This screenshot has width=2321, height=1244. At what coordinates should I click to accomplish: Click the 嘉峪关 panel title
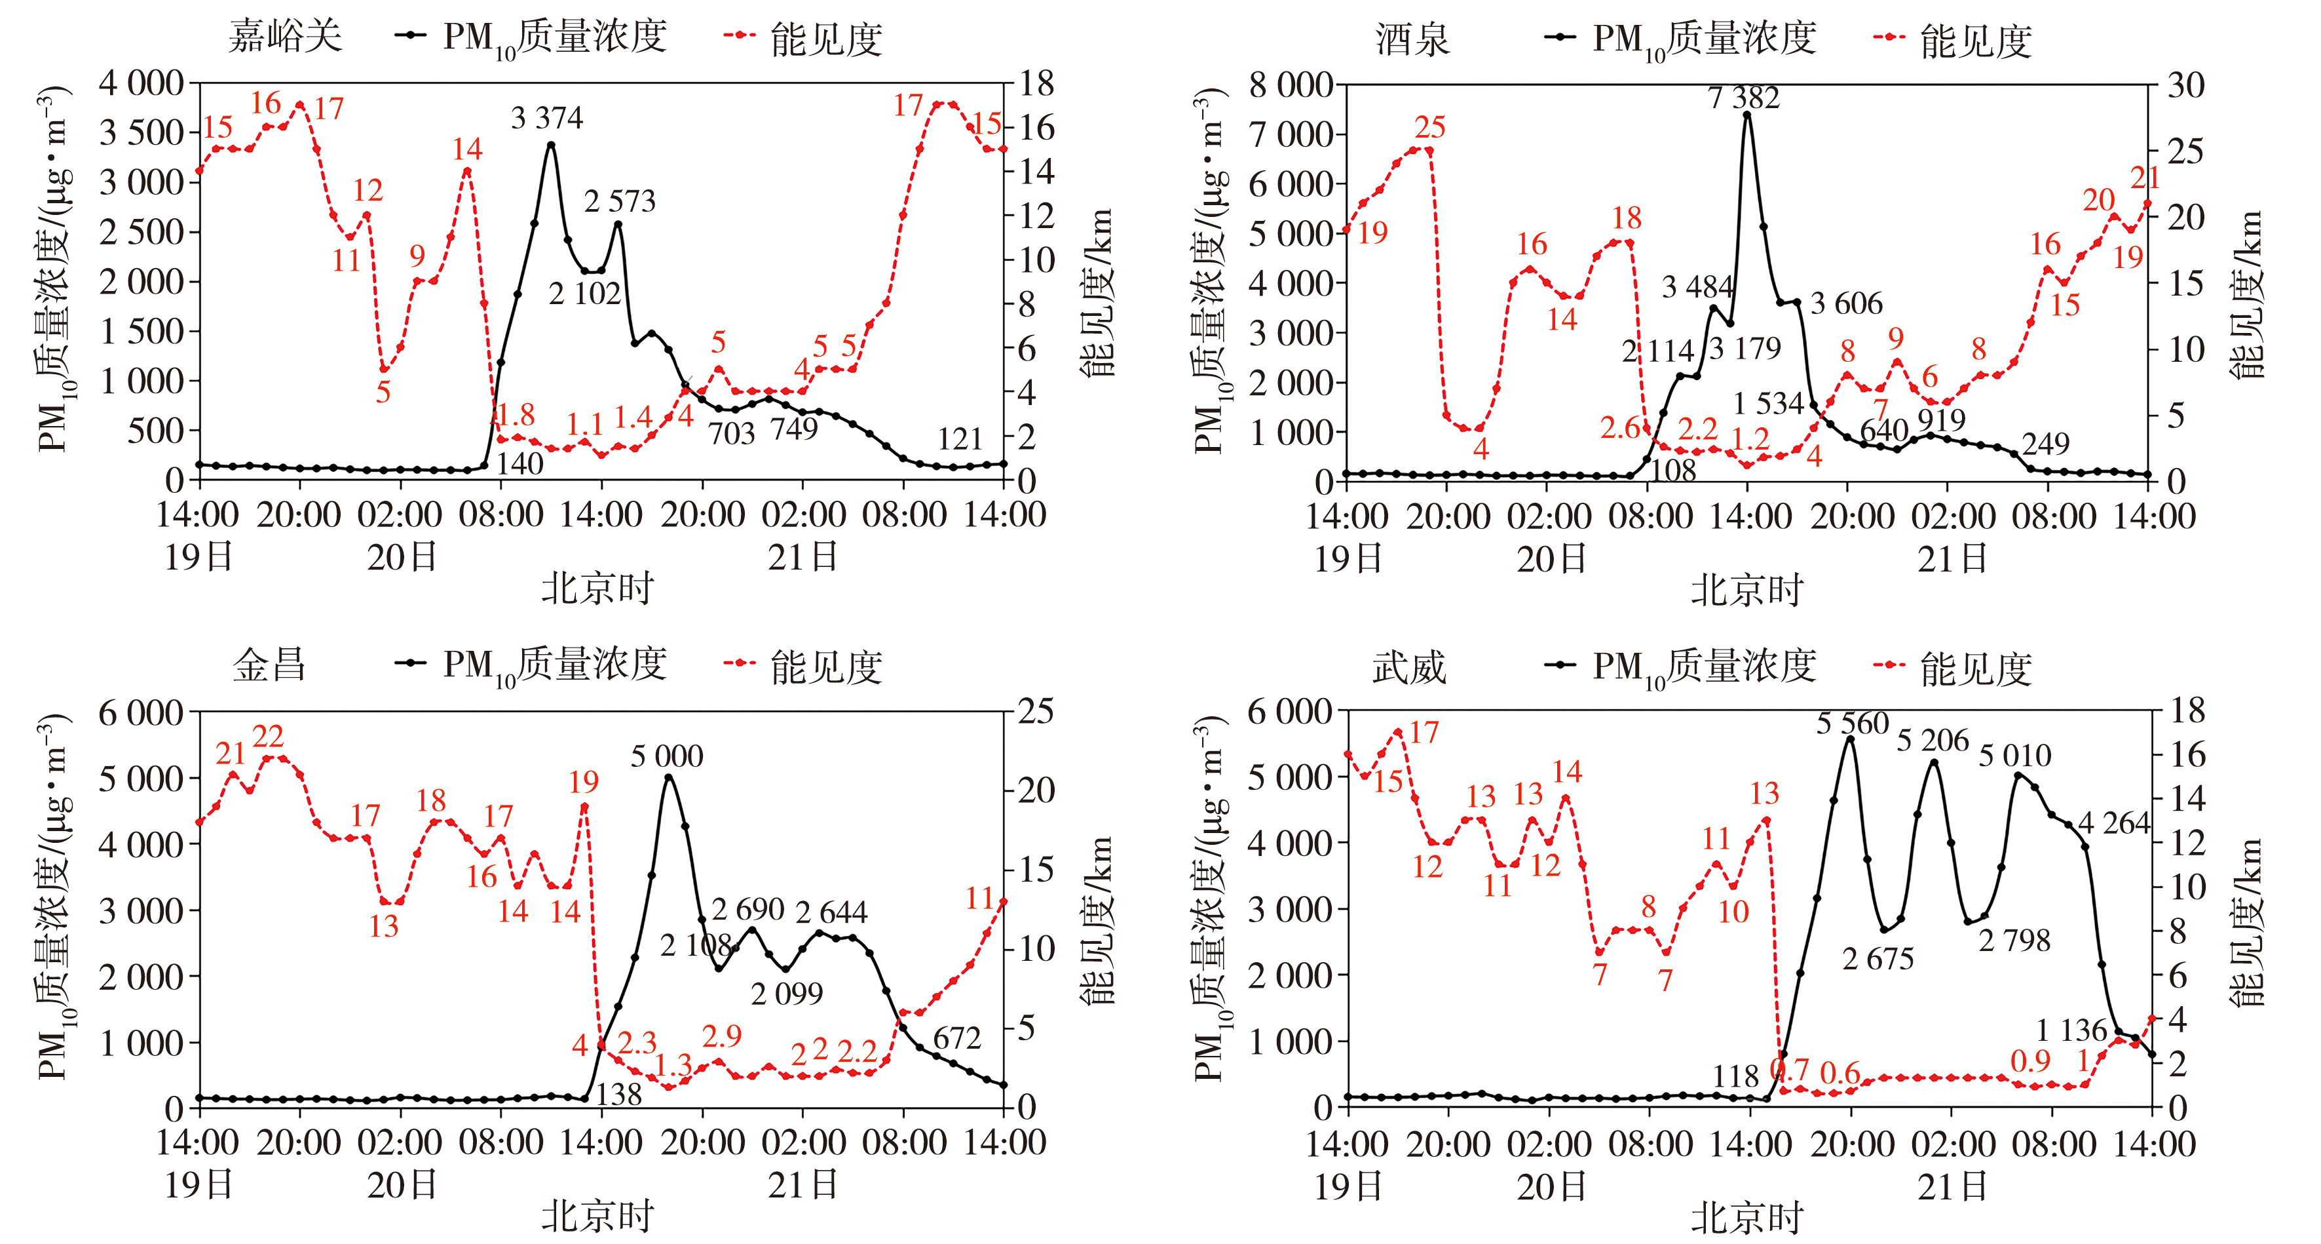pos(285,37)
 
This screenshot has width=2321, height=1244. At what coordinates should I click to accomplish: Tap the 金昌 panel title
pos(269,665)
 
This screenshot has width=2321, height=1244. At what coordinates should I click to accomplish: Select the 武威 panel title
pos(1408,668)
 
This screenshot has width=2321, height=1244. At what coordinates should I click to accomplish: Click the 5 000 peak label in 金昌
pos(667,756)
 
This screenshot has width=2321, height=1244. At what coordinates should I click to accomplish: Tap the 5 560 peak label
pos(1851,724)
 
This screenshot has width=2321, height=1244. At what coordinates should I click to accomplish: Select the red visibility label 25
pos(1430,127)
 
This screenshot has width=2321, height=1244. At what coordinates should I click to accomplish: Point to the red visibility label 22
pos(267,737)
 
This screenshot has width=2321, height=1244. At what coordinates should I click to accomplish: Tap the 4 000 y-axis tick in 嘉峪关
pos(141,84)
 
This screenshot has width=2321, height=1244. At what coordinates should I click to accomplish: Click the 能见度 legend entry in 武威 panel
pos(1975,669)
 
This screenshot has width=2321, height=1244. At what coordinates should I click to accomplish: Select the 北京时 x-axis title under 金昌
pos(597,1217)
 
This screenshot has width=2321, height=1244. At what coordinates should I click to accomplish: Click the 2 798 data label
pos(2014,941)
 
